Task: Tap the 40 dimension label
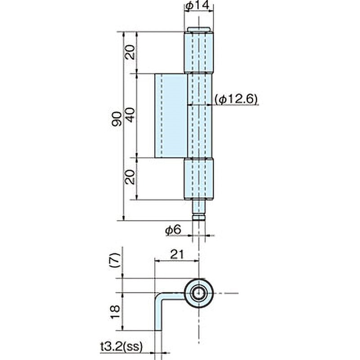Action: (130, 115)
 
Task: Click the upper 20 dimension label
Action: (130, 53)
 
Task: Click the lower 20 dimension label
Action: (130, 177)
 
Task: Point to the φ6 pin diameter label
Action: (173, 230)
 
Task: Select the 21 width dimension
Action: (176, 255)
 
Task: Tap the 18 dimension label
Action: (116, 310)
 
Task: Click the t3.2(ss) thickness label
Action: (121, 346)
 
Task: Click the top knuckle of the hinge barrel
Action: (198, 52)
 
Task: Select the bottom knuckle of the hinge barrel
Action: (198, 179)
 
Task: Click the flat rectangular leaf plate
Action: (171, 116)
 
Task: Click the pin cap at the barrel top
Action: (198, 30)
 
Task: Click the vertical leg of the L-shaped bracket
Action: (158, 315)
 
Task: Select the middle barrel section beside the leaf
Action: (199, 116)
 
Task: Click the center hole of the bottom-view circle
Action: (198, 293)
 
